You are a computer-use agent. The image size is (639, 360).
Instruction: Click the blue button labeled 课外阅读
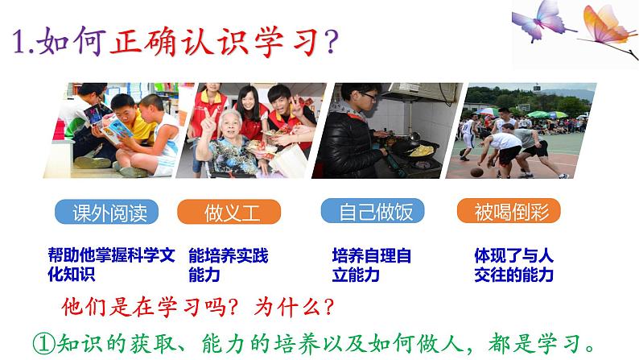[x=106, y=213]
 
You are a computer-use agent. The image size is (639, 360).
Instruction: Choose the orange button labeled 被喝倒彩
[x=508, y=213]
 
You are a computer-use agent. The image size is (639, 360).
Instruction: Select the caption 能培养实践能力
[x=227, y=265]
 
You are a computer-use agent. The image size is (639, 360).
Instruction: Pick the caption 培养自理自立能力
[x=371, y=265]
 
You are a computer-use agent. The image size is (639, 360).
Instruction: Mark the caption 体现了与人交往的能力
[x=514, y=265]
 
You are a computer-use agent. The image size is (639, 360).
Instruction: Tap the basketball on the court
[x=477, y=171]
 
